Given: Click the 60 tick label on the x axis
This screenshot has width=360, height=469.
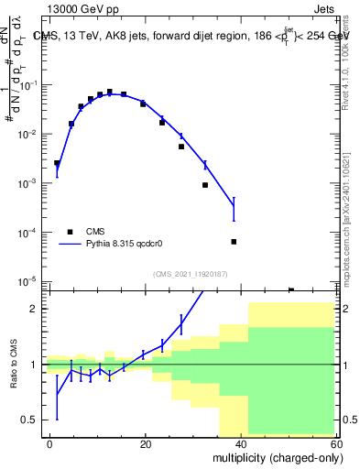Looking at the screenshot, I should point(335,443).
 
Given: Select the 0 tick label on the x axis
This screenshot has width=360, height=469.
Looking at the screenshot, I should point(50,443).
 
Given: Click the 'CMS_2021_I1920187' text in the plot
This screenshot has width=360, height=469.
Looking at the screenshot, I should point(189,273).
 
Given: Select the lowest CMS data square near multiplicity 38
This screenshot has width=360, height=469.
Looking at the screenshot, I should point(234,242).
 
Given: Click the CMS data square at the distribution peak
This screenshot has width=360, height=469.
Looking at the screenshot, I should point(110,92).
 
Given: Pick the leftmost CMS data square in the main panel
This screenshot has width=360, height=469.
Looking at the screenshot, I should point(57,163).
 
